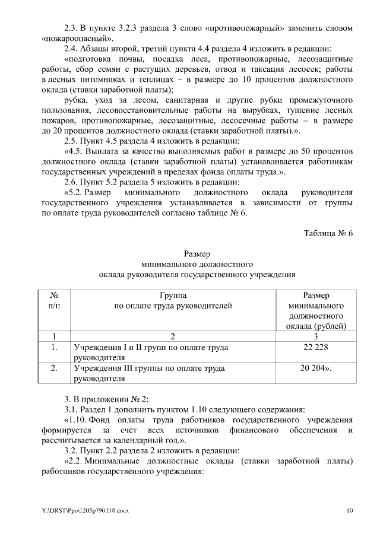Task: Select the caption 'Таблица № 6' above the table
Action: [328, 233]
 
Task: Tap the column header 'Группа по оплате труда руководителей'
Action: [173, 300]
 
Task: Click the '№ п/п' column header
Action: [53, 300]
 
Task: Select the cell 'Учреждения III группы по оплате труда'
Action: [148, 373]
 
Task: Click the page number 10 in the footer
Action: [350, 510]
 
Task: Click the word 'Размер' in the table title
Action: [197, 254]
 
